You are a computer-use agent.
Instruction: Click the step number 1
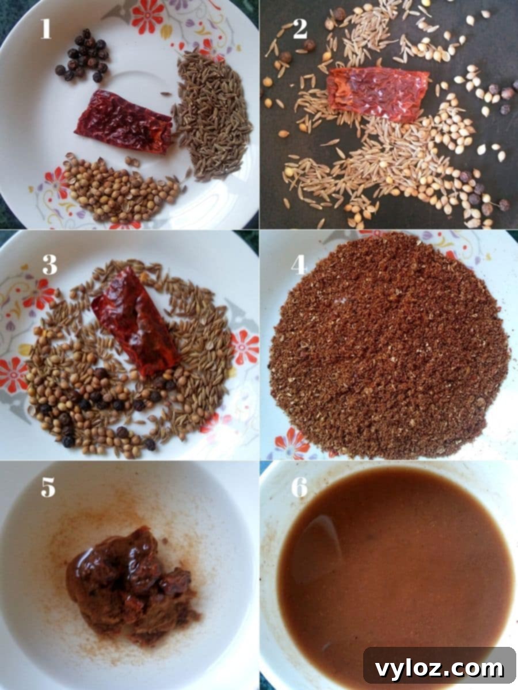click(x=46, y=28)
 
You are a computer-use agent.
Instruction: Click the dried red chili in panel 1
click(x=124, y=122)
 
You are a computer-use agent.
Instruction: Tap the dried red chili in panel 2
click(x=378, y=90)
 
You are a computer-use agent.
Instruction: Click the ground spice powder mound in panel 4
click(x=389, y=347)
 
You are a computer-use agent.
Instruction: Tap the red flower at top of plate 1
click(x=148, y=16)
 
